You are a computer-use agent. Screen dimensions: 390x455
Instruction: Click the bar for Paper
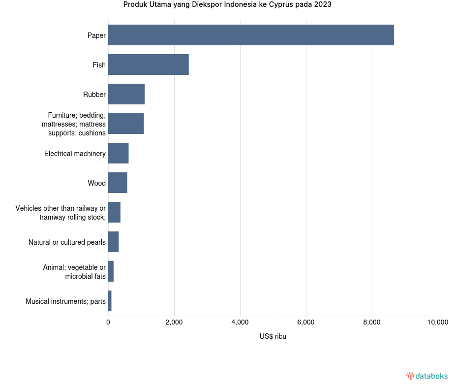coord(251,35)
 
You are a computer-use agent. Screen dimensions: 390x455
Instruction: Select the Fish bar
coord(149,65)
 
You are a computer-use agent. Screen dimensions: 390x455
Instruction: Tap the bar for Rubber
coord(126,94)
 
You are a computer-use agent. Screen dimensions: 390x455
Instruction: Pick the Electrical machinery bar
coord(119,153)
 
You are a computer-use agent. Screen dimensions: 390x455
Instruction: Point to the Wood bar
coord(118,183)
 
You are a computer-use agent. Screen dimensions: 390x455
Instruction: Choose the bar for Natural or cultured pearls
coord(114,242)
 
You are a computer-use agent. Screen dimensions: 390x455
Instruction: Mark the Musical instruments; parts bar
coord(110,301)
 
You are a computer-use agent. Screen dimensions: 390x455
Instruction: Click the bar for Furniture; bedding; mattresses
coord(126,124)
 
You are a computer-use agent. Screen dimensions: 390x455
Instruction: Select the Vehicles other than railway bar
coord(115,212)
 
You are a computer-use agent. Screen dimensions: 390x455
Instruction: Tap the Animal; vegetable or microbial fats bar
coord(111,271)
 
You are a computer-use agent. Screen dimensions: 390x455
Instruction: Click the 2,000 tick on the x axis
coord(174,323)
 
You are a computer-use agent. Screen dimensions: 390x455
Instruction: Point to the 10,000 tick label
coord(437,323)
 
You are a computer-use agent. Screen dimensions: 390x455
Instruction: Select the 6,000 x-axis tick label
coord(306,323)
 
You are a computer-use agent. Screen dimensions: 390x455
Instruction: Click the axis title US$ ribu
coord(273,337)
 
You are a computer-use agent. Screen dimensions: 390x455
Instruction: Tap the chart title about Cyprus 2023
coord(227,5)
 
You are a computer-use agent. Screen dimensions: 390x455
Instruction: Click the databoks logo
coord(427,376)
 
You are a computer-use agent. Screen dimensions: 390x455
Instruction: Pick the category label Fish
coord(99,65)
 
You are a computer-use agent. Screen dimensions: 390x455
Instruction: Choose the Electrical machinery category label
coord(75,154)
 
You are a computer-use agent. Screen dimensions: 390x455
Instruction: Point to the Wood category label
coord(96,183)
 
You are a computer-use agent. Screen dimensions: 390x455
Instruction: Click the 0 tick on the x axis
coord(108,323)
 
